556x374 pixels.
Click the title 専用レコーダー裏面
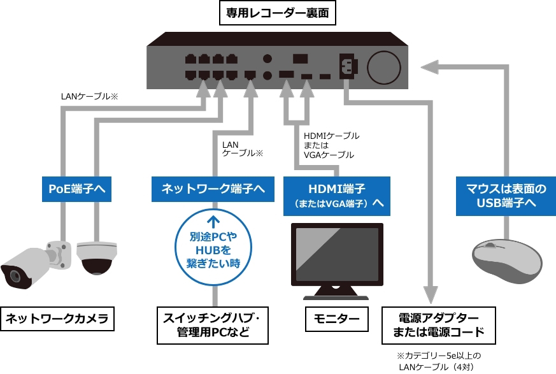(x=277, y=13)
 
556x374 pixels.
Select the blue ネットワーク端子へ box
(x=213, y=189)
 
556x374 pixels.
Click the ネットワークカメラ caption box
(x=57, y=319)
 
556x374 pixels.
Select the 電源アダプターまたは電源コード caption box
(x=438, y=325)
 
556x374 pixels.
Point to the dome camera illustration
(x=97, y=256)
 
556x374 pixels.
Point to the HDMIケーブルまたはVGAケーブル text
(x=331, y=145)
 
